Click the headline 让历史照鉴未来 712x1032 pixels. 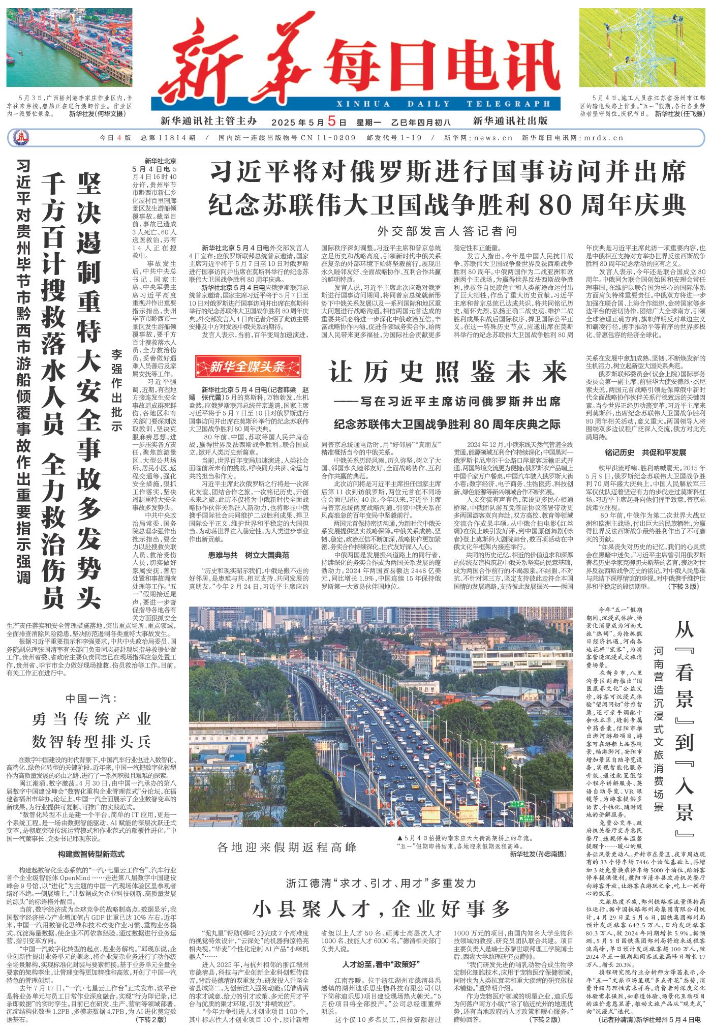(x=448, y=373)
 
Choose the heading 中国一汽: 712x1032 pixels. (x=92, y=699)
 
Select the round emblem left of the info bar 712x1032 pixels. (x=22, y=138)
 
